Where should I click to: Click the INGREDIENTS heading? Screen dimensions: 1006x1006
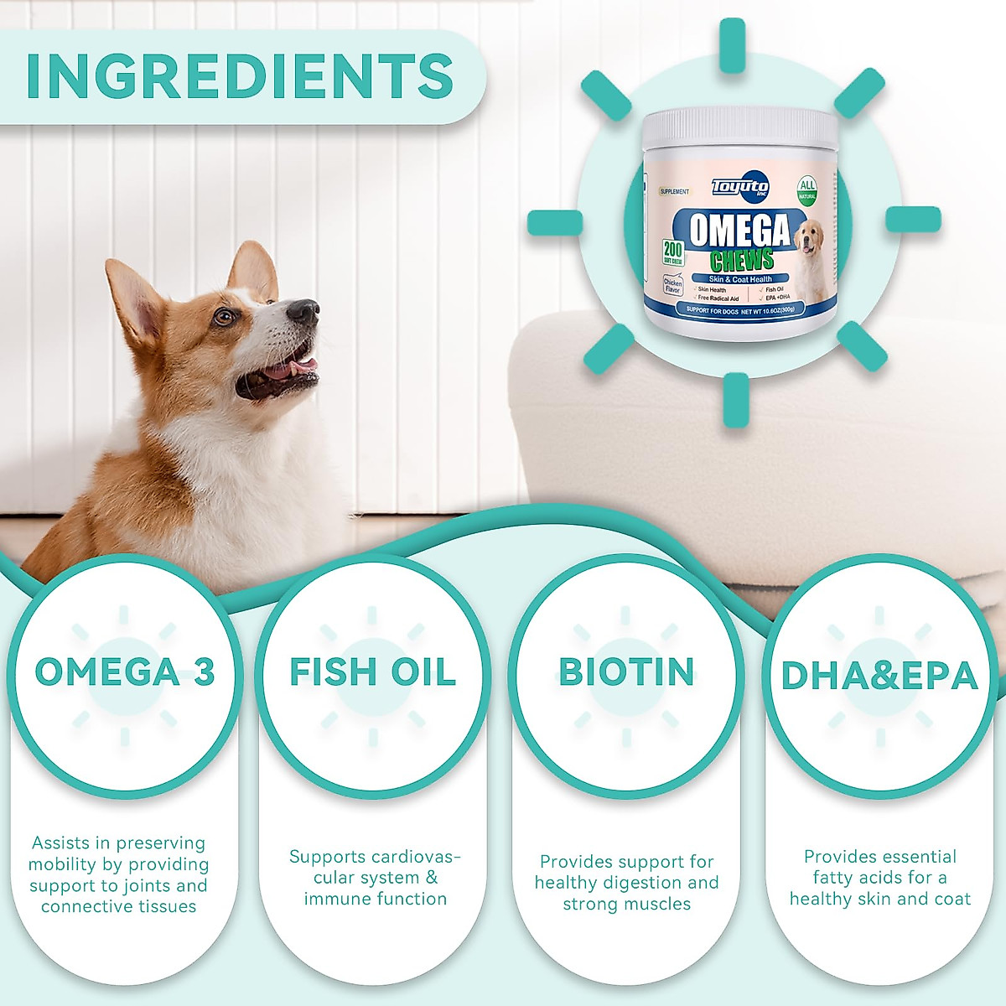(240, 75)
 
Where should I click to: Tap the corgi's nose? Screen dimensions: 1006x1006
(303, 312)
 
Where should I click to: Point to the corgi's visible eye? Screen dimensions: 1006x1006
(224, 317)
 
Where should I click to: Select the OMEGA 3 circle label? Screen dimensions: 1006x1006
(124, 672)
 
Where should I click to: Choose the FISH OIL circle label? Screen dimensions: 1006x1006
(373, 672)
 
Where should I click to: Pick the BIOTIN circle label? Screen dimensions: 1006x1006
(627, 672)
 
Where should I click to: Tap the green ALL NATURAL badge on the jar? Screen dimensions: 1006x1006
(806, 190)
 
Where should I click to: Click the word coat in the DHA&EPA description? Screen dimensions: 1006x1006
(953, 899)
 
